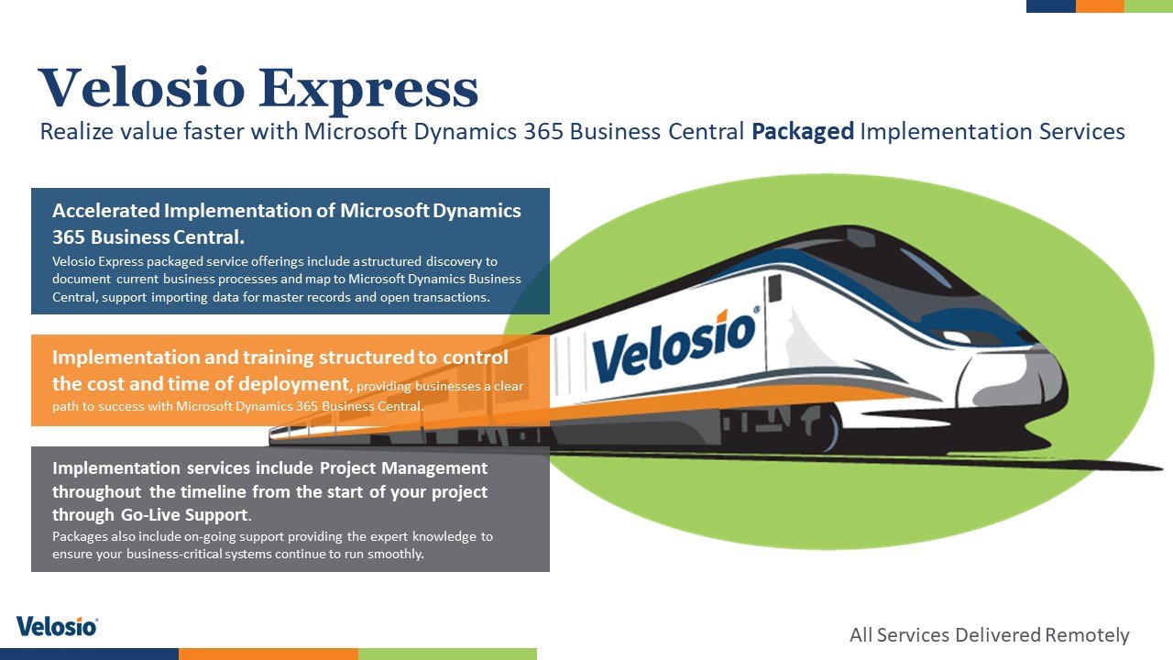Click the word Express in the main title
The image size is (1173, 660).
[x=368, y=89]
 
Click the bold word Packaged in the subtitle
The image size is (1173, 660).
[x=803, y=132]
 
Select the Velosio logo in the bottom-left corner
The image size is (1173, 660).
[x=57, y=626]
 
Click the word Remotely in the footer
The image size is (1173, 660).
[x=1087, y=635]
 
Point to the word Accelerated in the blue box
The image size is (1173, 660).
[x=105, y=211]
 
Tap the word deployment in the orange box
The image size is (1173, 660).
[x=294, y=384]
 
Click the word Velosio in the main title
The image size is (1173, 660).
[x=142, y=87]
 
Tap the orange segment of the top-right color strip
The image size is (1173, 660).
[x=1100, y=5]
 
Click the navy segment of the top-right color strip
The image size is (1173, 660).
[x=1051, y=5]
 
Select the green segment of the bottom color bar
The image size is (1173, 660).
[x=447, y=654]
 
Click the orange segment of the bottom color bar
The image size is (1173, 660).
[x=269, y=654]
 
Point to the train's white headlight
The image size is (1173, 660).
[x=955, y=336]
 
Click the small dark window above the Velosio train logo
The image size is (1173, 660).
[x=774, y=288]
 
